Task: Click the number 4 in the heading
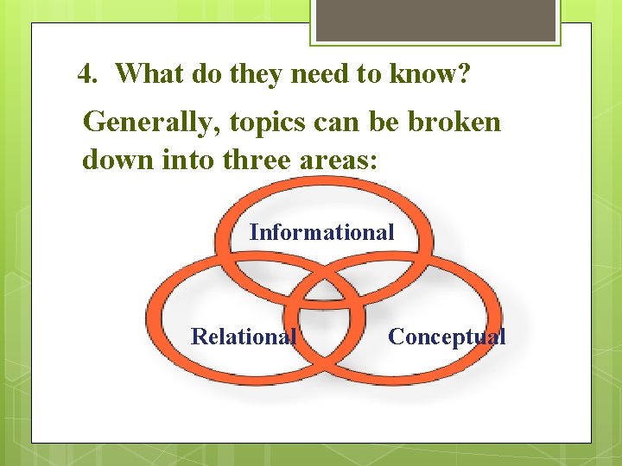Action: (x=85, y=75)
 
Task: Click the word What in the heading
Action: (x=145, y=75)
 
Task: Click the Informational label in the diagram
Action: (x=321, y=232)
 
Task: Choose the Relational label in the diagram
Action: (x=243, y=337)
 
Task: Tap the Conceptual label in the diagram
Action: (x=447, y=337)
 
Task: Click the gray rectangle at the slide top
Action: (x=435, y=20)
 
